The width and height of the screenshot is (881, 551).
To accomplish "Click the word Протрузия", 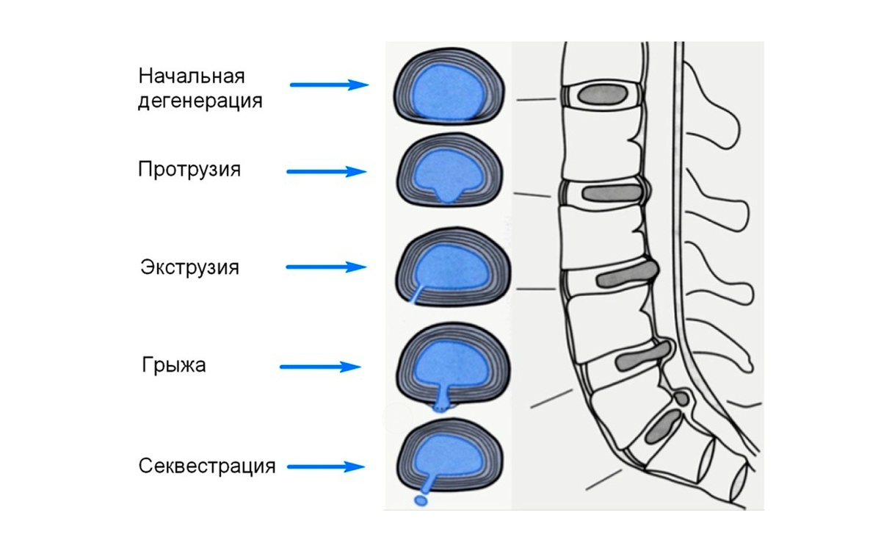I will [189, 170].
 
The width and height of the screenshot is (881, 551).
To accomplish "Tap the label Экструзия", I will [189, 266].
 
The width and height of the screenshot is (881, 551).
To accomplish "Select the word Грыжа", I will [174, 365].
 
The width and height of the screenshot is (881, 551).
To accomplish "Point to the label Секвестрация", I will [207, 466].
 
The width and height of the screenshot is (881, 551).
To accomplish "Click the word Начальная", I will [191, 76].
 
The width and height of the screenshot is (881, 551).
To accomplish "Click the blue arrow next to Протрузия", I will [326, 172].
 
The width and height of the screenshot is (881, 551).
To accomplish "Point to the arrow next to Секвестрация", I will [326, 466].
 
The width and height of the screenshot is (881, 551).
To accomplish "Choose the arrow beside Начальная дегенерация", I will [329, 84].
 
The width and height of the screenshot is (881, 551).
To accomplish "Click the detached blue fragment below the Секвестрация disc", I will [421, 500].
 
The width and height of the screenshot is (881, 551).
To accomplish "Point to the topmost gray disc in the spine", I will [603, 94].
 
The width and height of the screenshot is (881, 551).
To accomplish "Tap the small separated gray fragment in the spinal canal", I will [682, 399].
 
